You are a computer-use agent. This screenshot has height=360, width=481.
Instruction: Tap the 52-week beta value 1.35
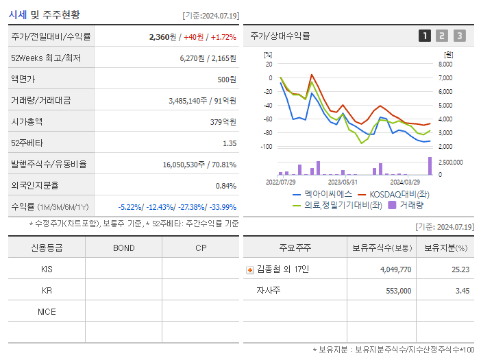coord(229,143)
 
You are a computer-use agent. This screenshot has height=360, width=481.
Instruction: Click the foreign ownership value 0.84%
coord(225,185)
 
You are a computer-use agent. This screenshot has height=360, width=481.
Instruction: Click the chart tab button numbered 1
coord(425,36)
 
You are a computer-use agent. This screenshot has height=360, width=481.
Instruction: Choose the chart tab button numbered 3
coord(459,36)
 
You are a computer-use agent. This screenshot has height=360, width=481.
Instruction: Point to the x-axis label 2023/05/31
coord(343,182)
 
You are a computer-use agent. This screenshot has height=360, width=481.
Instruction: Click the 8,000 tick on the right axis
coord(445,64)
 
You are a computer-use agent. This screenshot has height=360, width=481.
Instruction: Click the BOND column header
coord(123,248)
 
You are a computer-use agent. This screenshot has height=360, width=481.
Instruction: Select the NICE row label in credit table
coord(47,311)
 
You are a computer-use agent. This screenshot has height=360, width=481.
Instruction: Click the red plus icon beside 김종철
coord(250,269)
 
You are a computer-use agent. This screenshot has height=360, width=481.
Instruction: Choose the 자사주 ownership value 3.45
coord(463,291)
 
